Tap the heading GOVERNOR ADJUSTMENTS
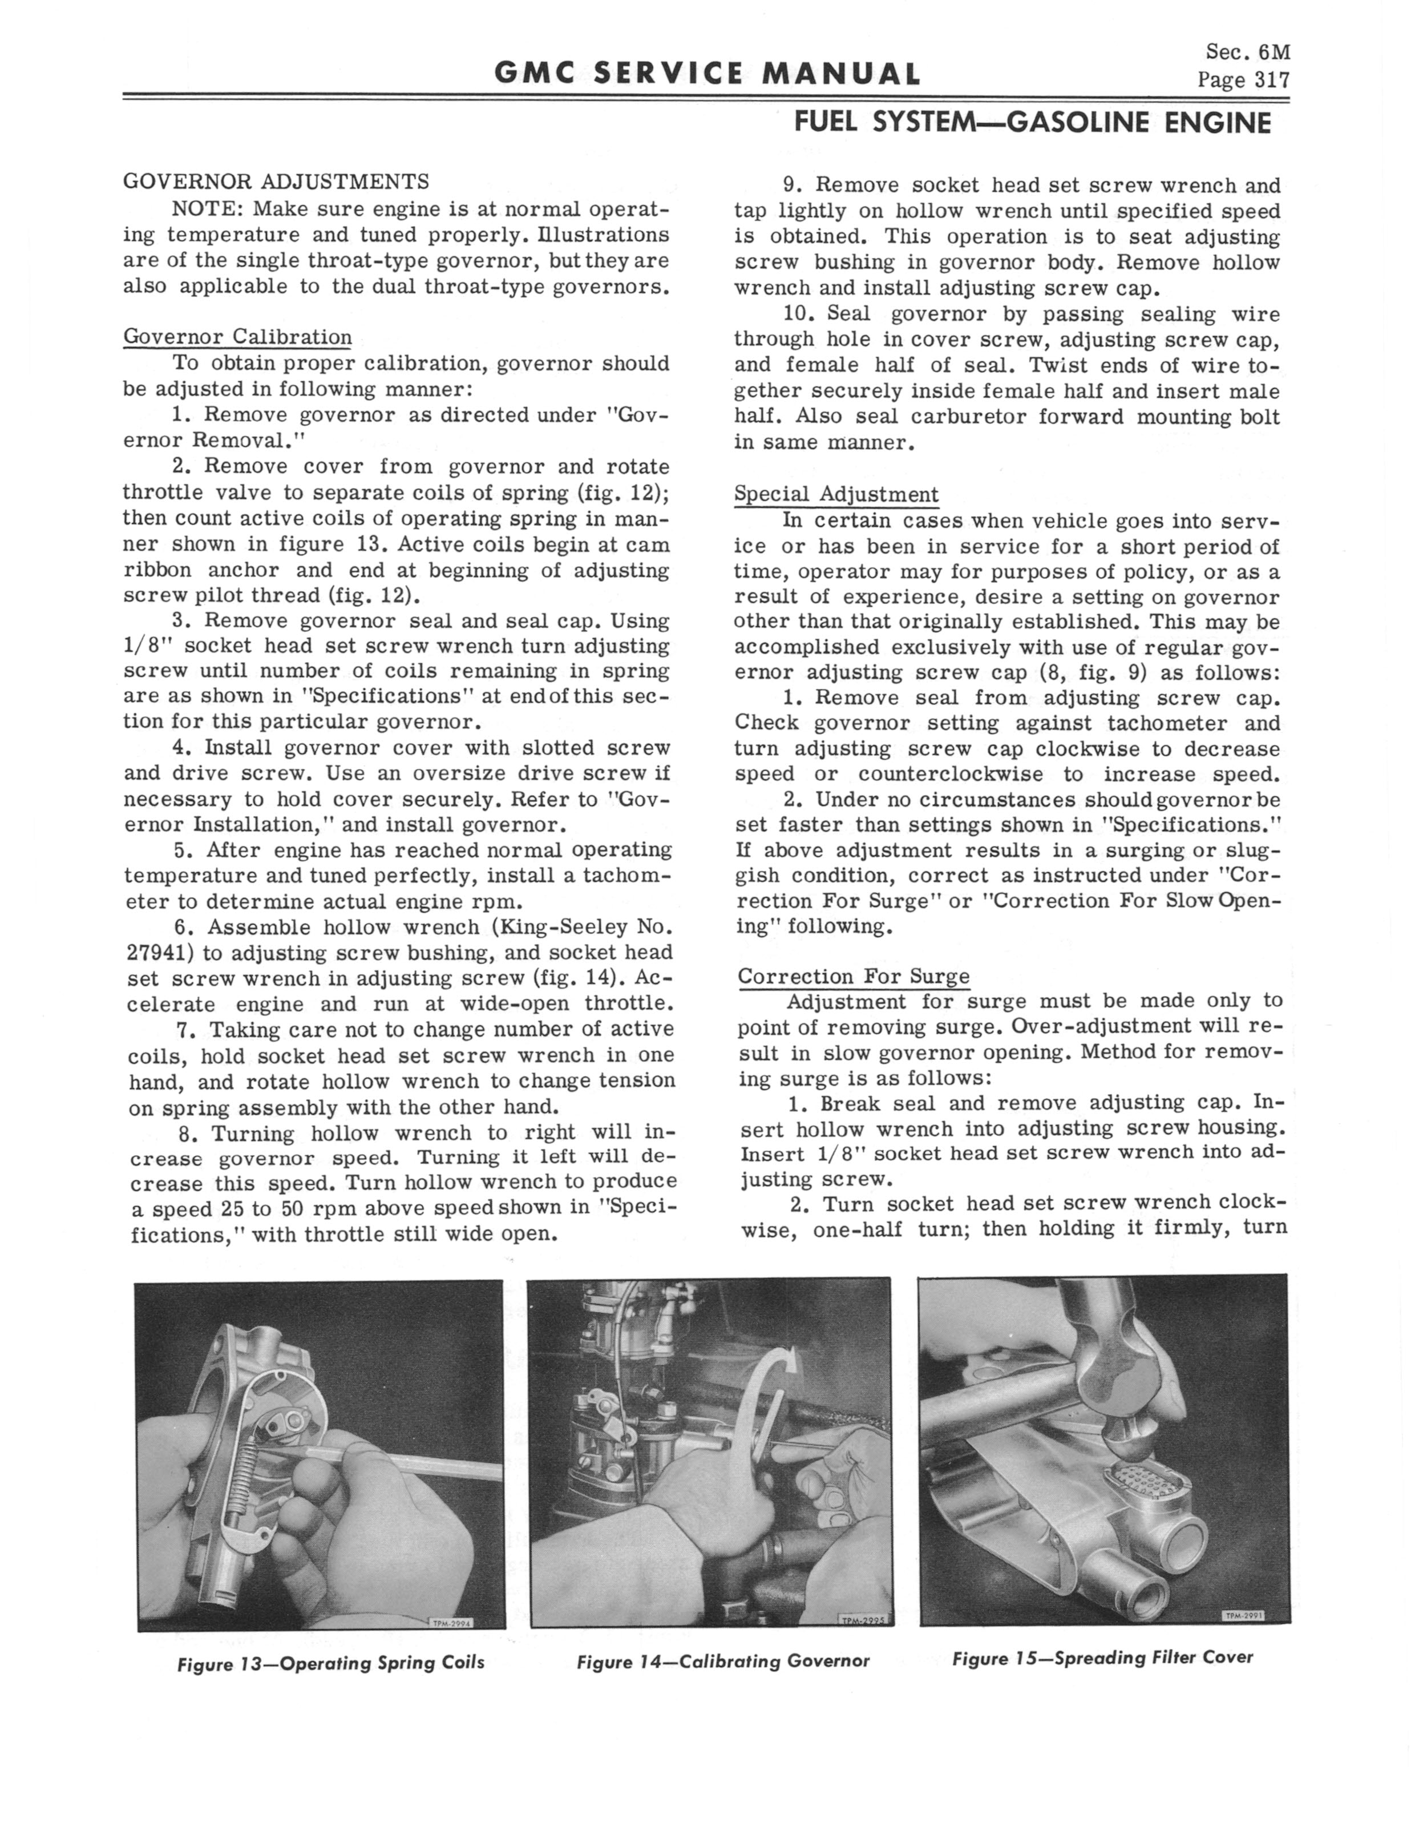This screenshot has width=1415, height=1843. pos(276,181)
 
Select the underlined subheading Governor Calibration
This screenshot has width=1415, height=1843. pos(237,337)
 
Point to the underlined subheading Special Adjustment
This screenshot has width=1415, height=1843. pos(836,494)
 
